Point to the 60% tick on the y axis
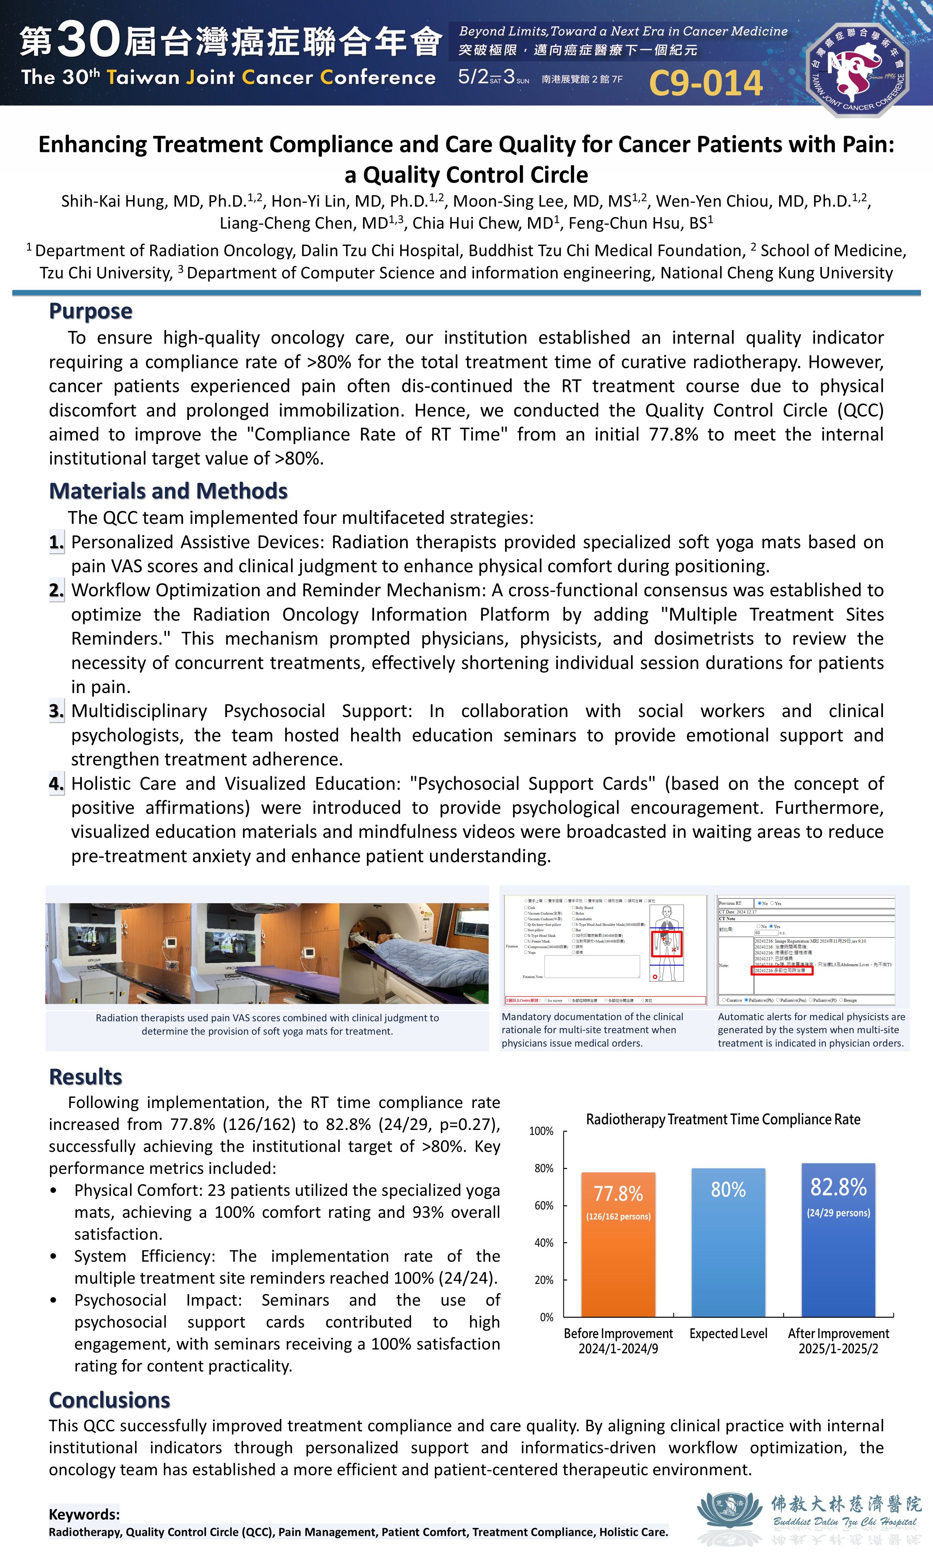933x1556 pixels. [x=544, y=1205]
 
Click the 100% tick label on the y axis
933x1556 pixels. [x=541, y=1131]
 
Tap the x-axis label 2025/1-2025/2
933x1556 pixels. [x=838, y=1348]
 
